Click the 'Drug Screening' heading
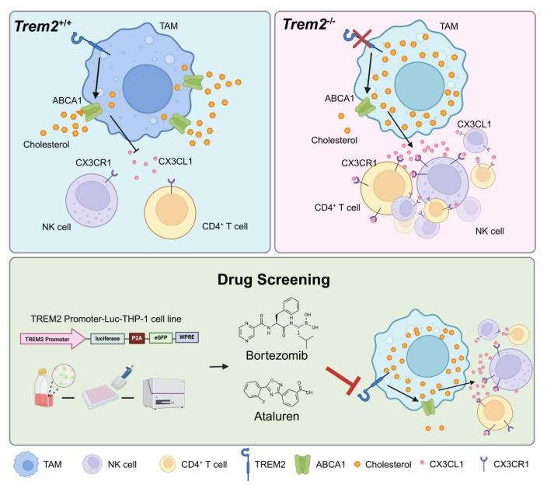[x=273, y=280]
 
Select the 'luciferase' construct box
[x=107, y=338]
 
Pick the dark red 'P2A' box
[x=137, y=338]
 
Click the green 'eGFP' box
[x=161, y=338]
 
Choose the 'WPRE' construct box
[x=187, y=337]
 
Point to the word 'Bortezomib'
[x=277, y=355]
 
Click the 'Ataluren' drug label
[x=277, y=417]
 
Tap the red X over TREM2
[x=362, y=38]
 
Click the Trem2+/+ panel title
[x=43, y=26]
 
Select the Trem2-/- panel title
[x=308, y=24]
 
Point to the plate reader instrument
[x=164, y=393]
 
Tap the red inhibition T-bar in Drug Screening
[x=343, y=381]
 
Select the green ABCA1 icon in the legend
[x=302, y=465]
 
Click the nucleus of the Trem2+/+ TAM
[x=147, y=89]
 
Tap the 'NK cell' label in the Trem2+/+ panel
[x=56, y=227]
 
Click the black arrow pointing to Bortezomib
[x=219, y=366]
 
